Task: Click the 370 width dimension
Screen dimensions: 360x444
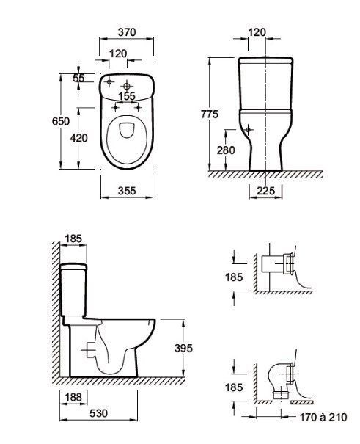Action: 127,32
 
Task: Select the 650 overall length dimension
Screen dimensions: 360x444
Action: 61,121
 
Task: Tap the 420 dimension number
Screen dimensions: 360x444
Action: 79,138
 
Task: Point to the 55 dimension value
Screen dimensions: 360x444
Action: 78,78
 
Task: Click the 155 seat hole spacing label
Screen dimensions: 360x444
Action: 127,96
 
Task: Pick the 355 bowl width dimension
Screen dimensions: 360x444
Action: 127,191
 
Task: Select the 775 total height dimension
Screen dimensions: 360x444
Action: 210,114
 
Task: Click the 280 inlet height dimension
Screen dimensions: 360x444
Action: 226,150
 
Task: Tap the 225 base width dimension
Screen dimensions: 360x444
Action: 266,191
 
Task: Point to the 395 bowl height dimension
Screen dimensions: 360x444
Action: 183,348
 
